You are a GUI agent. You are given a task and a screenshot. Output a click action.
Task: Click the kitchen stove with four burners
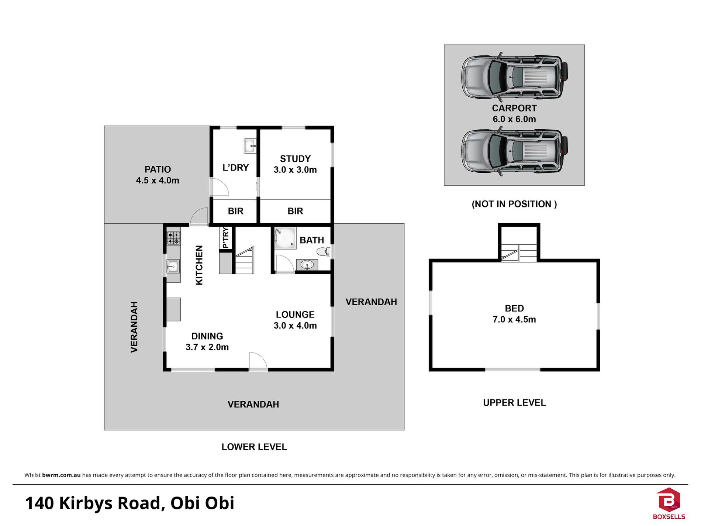(x=174, y=238)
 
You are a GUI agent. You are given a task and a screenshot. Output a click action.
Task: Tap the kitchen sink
(x=173, y=266)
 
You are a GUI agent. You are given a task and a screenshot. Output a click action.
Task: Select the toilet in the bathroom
(x=324, y=252)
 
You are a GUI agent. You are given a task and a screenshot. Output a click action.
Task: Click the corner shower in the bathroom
(x=285, y=238)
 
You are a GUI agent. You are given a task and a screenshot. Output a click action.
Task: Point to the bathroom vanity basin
(x=307, y=265)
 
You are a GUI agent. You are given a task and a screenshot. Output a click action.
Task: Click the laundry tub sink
(x=250, y=146)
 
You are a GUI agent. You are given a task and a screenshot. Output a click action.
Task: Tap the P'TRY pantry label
(x=225, y=238)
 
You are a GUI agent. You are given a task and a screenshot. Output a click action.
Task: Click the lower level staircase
(x=244, y=261)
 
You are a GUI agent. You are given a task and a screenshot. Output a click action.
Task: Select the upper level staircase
(x=519, y=253)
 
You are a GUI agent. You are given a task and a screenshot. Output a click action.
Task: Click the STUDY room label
(x=295, y=159)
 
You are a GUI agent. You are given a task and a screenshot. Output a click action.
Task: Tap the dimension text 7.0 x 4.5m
(x=514, y=319)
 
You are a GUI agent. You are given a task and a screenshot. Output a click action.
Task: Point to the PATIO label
(x=158, y=169)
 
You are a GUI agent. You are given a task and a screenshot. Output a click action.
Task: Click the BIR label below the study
(x=295, y=211)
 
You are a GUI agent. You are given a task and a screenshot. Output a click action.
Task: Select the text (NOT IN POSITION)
(x=514, y=204)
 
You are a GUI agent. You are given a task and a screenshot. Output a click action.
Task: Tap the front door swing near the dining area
(x=258, y=361)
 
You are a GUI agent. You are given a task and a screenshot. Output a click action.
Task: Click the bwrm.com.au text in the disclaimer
(x=61, y=475)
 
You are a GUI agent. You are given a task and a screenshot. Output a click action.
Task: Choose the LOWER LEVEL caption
(x=254, y=447)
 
